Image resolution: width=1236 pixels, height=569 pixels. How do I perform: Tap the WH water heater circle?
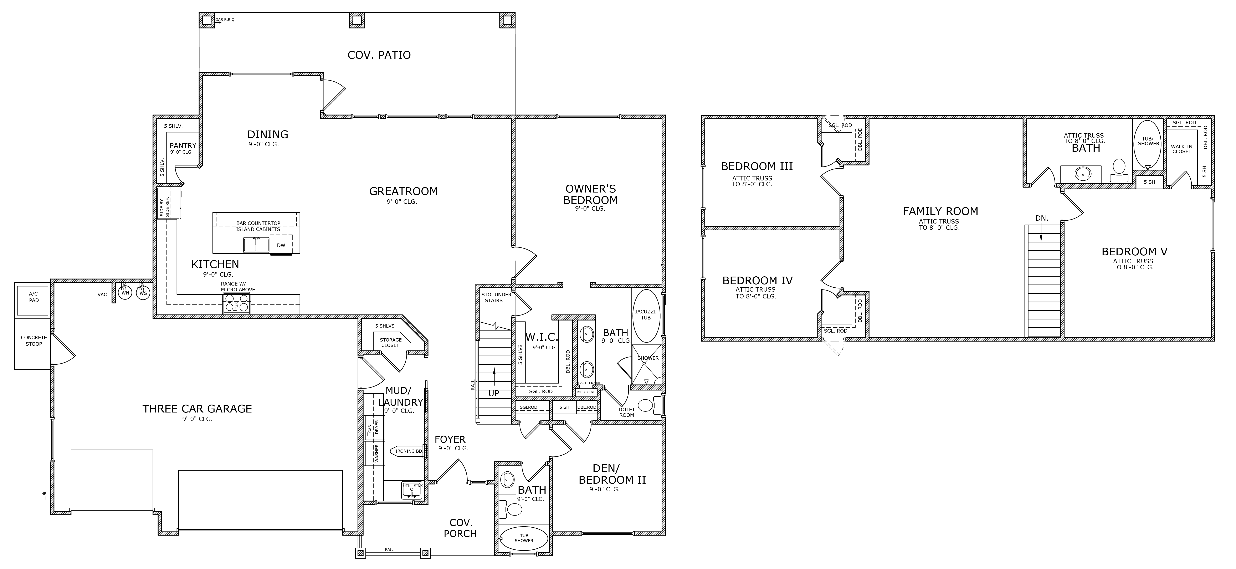[125, 293]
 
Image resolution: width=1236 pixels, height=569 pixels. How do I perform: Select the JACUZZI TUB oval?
[646, 315]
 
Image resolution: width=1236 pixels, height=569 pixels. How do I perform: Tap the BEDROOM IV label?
[757, 281]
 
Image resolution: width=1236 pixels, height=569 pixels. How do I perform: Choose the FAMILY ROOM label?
[940, 211]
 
